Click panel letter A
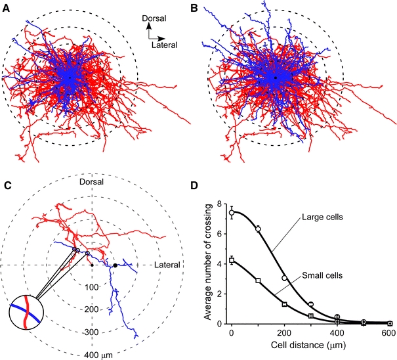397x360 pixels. (x=7, y=8)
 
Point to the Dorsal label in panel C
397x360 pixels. (x=93, y=181)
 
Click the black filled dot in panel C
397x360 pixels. (x=115, y=265)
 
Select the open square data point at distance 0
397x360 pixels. (x=232, y=261)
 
